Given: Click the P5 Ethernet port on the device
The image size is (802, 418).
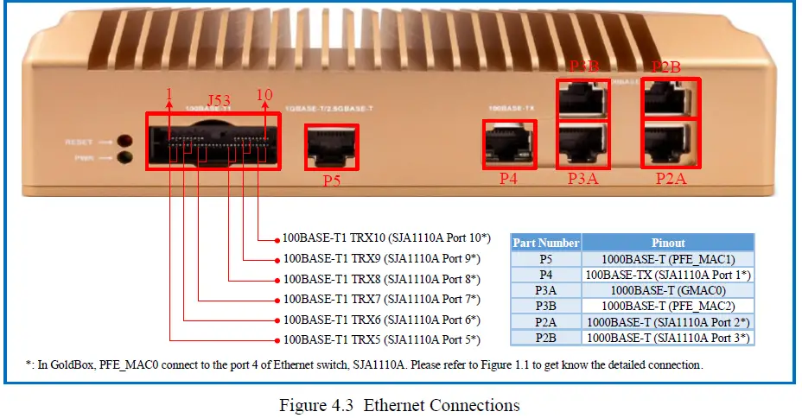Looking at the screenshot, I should pyautogui.click(x=331, y=148).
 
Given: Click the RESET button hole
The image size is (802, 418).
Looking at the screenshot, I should pyautogui.click(x=125, y=141).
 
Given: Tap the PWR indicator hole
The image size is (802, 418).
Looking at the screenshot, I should pyautogui.click(x=125, y=157).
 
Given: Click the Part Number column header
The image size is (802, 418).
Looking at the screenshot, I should pyautogui.click(x=545, y=243).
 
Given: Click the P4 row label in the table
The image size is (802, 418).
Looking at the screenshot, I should pyautogui.click(x=545, y=275).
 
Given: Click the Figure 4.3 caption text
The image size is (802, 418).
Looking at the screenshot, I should pyautogui.click(x=399, y=405).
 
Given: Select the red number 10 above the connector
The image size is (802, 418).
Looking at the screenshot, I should pyautogui.click(x=265, y=94).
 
